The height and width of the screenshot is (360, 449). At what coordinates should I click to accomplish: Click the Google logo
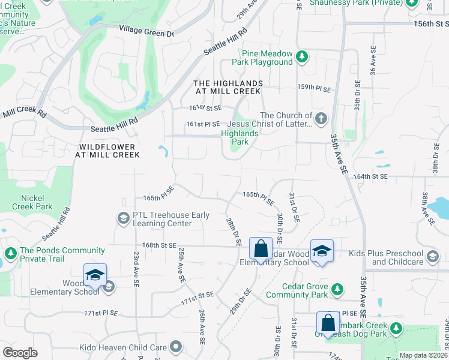20,353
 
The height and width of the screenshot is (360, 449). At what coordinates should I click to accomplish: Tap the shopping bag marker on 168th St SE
261,248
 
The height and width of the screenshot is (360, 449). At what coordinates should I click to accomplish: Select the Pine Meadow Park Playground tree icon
302,58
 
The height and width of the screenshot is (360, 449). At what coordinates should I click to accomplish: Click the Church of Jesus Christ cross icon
321,118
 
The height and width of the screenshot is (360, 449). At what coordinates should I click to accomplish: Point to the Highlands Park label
235,138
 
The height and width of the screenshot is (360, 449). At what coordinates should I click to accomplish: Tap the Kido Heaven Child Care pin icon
176,346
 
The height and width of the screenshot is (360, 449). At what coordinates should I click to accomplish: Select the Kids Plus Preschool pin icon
432,258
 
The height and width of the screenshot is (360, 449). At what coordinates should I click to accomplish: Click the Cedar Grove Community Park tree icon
337,290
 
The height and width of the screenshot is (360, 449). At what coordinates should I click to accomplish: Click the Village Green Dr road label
146,31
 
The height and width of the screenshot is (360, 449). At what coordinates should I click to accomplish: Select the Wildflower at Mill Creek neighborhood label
107,150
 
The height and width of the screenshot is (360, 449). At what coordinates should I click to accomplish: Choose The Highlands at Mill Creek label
228,87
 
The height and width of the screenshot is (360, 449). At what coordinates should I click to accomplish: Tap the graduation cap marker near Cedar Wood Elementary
322,251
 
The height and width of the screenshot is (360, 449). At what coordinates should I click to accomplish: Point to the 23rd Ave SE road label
137,268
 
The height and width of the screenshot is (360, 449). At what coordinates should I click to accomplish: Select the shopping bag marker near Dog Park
328,323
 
